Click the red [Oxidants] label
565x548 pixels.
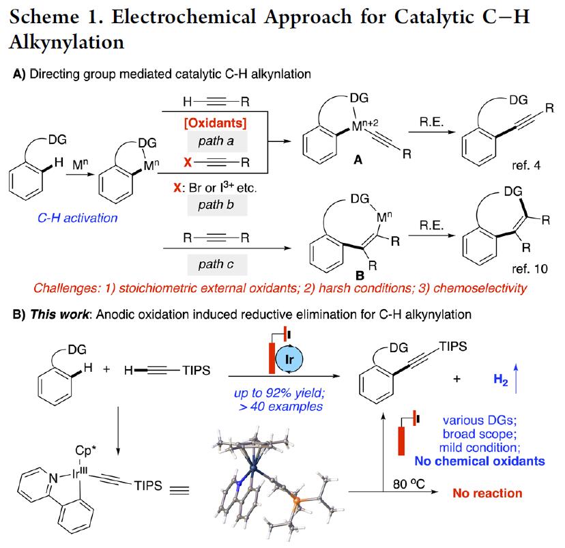pyautogui.click(x=216, y=124)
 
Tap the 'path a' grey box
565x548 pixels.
pyautogui.click(x=217, y=141)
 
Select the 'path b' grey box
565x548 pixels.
pyautogui.click(x=217, y=205)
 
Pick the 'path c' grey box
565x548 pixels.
pyautogui.click(x=217, y=265)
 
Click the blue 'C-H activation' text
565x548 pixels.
pyautogui.click(x=78, y=218)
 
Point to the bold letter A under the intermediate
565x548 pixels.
pyautogui.click(x=358, y=159)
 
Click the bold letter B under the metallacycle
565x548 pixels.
pyautogui.click(x=360, y=276)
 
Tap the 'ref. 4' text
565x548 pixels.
pyautogui.click(x=526, y=165)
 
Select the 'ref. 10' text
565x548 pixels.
pyautogui.click(x=530, y=268)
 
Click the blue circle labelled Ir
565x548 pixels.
pyautogui.click(x=289, y=359)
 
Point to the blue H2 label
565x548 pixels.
pyautogui.click(x=500, y=379)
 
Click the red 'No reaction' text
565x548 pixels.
pyautogui.click(x=487, y=493)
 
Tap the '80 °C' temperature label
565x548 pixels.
pyautogui.click(x=409, y=484)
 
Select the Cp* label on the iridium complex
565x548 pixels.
pyautogui.click(x=85, y=450)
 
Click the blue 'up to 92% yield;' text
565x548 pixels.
pyautogui.click(x=279, y=392)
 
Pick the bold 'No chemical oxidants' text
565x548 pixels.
pyautogui.click(x=480, y=461)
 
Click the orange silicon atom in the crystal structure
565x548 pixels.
pyautogui.click(x=296, y=500)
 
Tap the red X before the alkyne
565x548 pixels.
pyautogui.click(x=188, y=162)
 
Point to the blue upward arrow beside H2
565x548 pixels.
pyautogui.click(x=516, y=379)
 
